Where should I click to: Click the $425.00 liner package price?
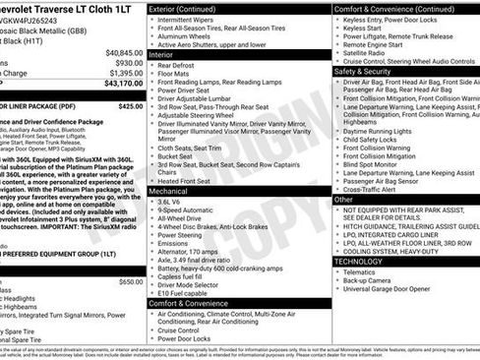[x=131, y=106]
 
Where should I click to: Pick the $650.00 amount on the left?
[x=131, y=282]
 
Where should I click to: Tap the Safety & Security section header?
[x=363, y=71]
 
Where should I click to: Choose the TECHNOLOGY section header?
[x=358, y=261]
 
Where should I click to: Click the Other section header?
[x=343, y=199]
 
